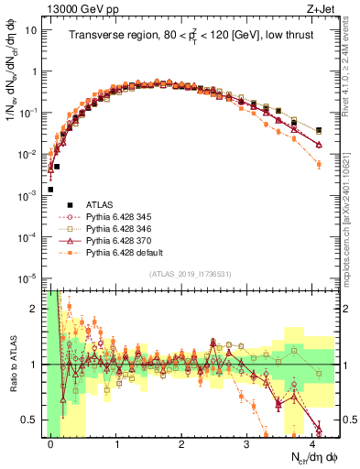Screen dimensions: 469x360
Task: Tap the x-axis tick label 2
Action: pos(181,443)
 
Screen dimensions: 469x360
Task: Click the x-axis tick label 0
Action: pos(51,443)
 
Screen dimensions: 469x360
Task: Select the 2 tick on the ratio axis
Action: pos(37,308)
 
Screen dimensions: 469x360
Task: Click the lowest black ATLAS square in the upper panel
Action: pos(51,190)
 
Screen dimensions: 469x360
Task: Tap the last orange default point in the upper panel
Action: pos(318,164)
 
